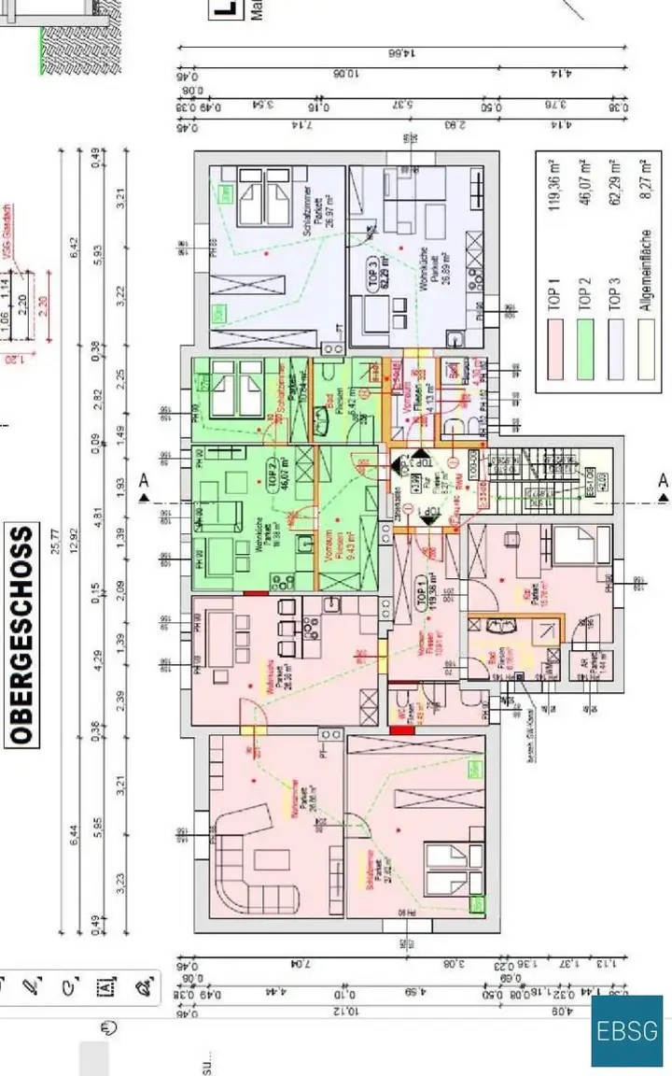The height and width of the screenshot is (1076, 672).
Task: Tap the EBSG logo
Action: (x=626, y=1031)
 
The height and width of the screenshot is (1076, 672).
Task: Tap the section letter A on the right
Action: (x=663, y=481)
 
